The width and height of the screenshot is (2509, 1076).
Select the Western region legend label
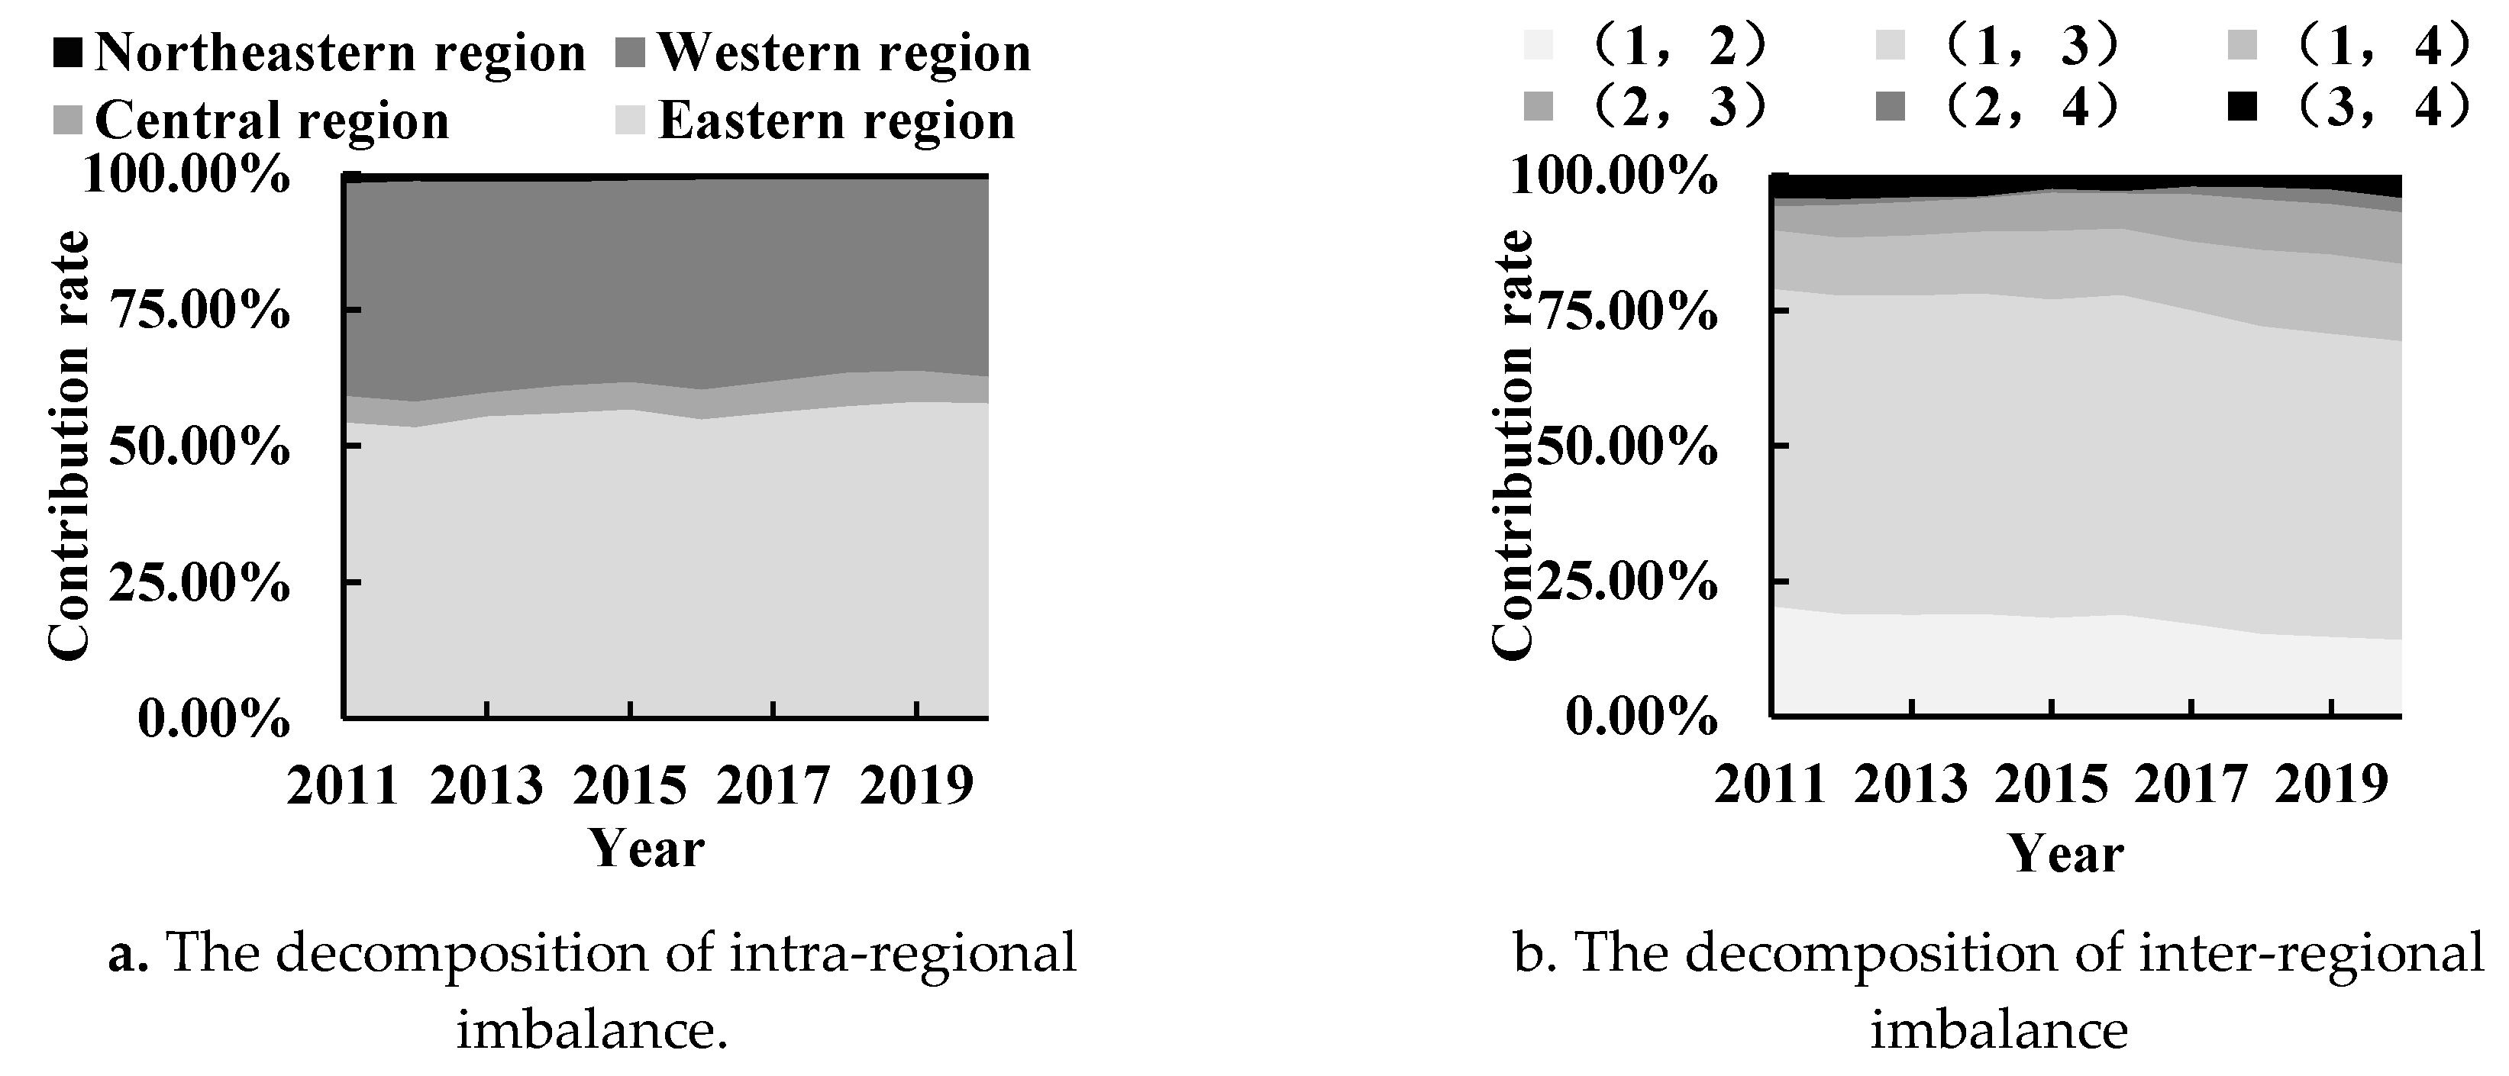tap(844, 53)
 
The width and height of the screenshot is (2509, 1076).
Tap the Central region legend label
tap(272, 121)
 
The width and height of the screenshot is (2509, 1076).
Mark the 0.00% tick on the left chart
tap(213, 720)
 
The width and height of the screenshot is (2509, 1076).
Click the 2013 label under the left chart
tap(486, 784)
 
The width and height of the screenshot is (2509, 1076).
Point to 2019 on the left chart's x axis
tap(916, 784)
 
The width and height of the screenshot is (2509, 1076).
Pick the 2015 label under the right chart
tap(2051, 784)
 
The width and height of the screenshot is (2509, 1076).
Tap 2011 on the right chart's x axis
tap(1771, 784)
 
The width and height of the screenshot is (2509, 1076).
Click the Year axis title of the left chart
tap(647, 848)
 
